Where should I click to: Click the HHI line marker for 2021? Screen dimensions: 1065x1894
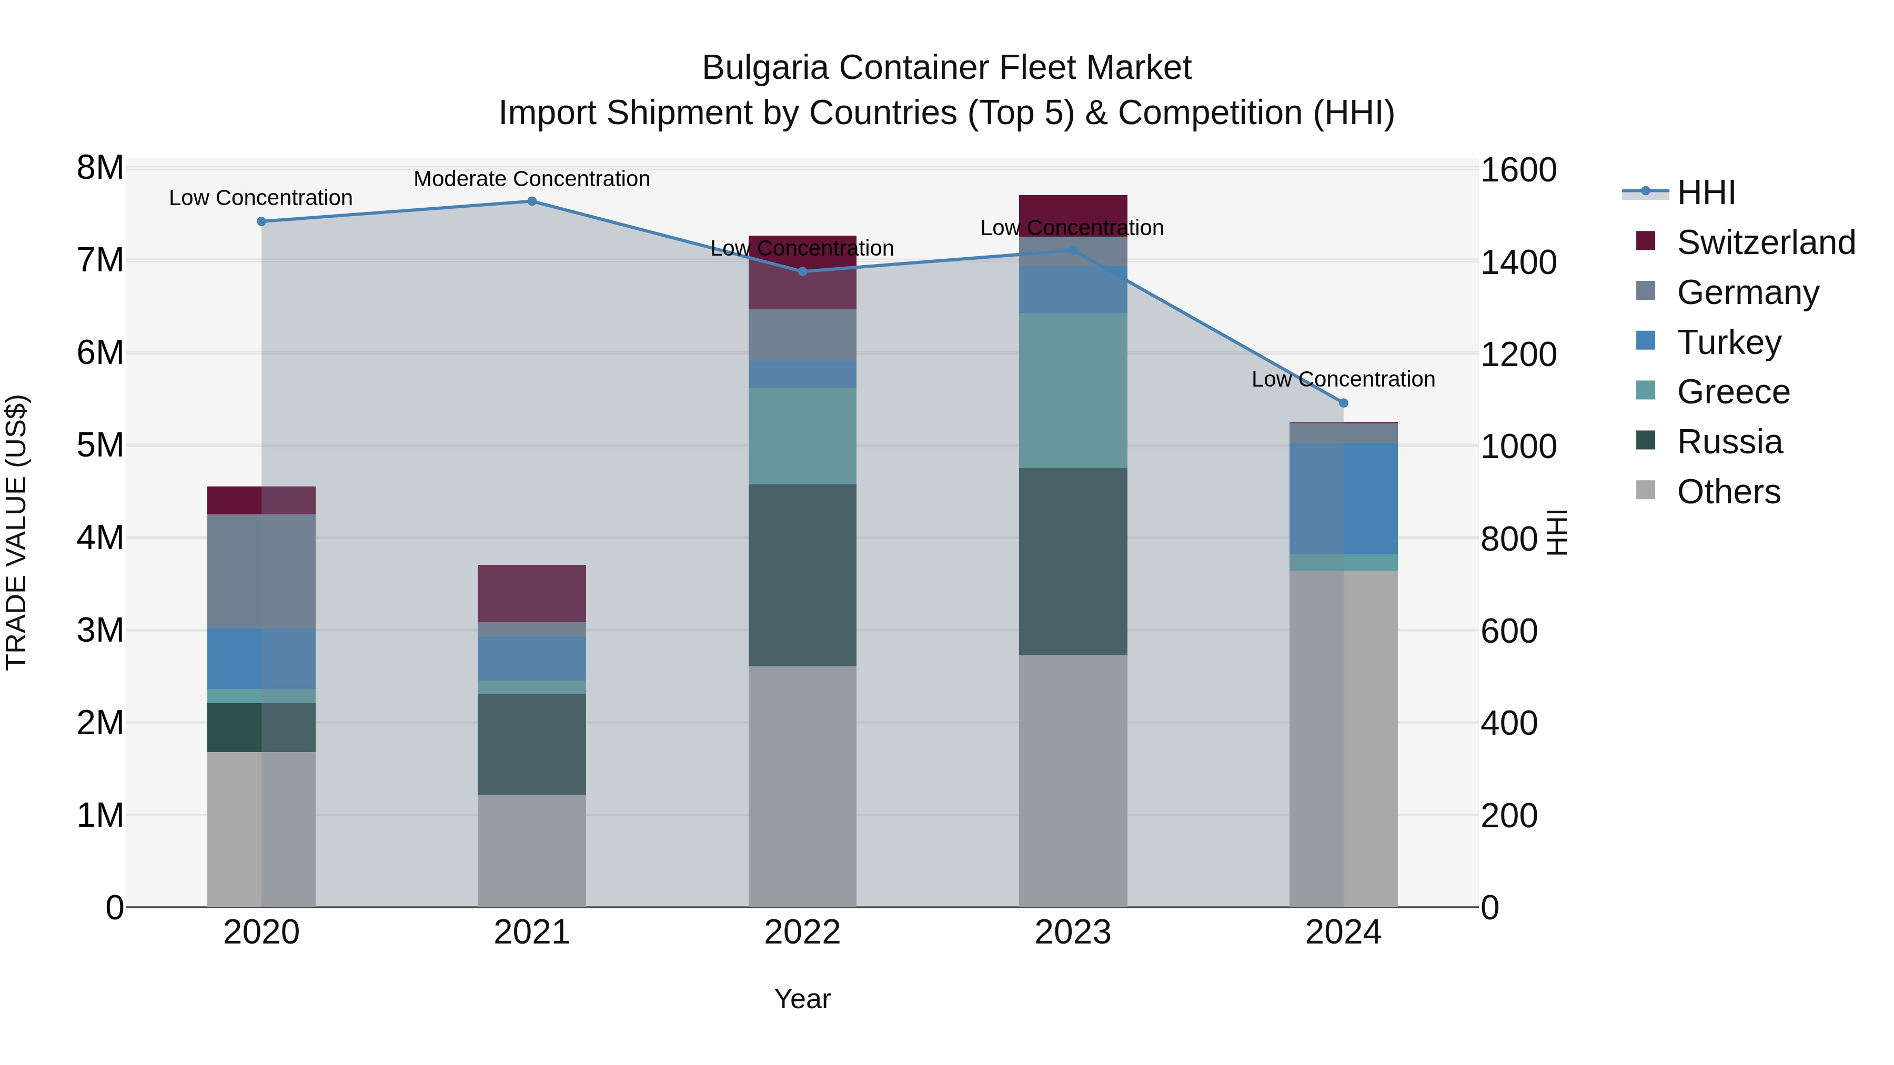click(x=531, y=201)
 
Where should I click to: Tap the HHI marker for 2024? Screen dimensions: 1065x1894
click(x=1343, y=403)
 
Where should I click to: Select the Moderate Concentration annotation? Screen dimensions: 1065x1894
click(x=531, y=179)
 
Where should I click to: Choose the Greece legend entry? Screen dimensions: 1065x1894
click(x=1733, y=392)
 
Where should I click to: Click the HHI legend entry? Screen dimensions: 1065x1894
click(x=1706, y=192)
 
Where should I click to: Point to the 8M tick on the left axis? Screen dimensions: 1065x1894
click(x=100, y=168)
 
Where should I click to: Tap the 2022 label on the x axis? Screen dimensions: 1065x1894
click(x=802, y=932)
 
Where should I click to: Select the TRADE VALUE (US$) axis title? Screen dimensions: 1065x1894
click(x=16, y=532)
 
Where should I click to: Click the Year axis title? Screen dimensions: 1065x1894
click(x=802, y=999)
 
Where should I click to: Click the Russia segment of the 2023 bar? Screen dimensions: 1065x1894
click(x=1073, y=562)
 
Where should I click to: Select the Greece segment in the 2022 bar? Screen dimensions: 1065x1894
click(x=802, y=436)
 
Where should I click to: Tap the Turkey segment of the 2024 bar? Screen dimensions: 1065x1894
click(x=1343, y=499)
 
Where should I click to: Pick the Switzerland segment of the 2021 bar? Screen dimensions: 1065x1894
click(x=531, y=593)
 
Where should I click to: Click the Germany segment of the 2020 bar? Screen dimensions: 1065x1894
click(x=261, y=571)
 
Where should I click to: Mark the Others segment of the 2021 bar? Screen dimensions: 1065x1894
click(x=531, y=850)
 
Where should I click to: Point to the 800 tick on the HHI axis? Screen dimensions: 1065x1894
click(x=1509, y=539)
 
